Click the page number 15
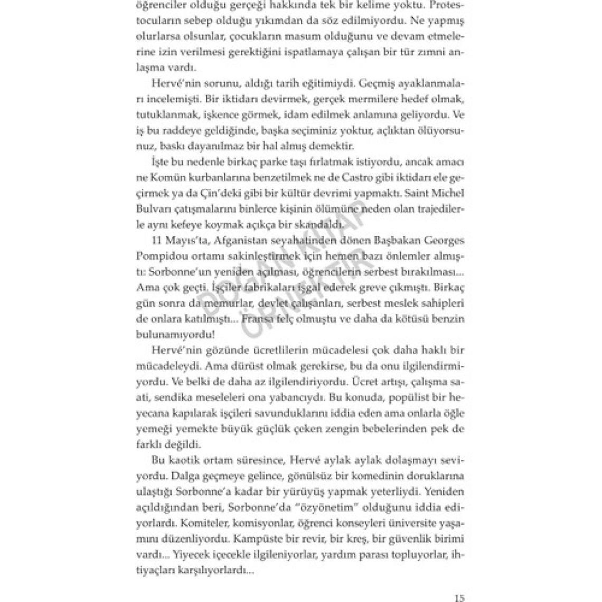459,598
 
